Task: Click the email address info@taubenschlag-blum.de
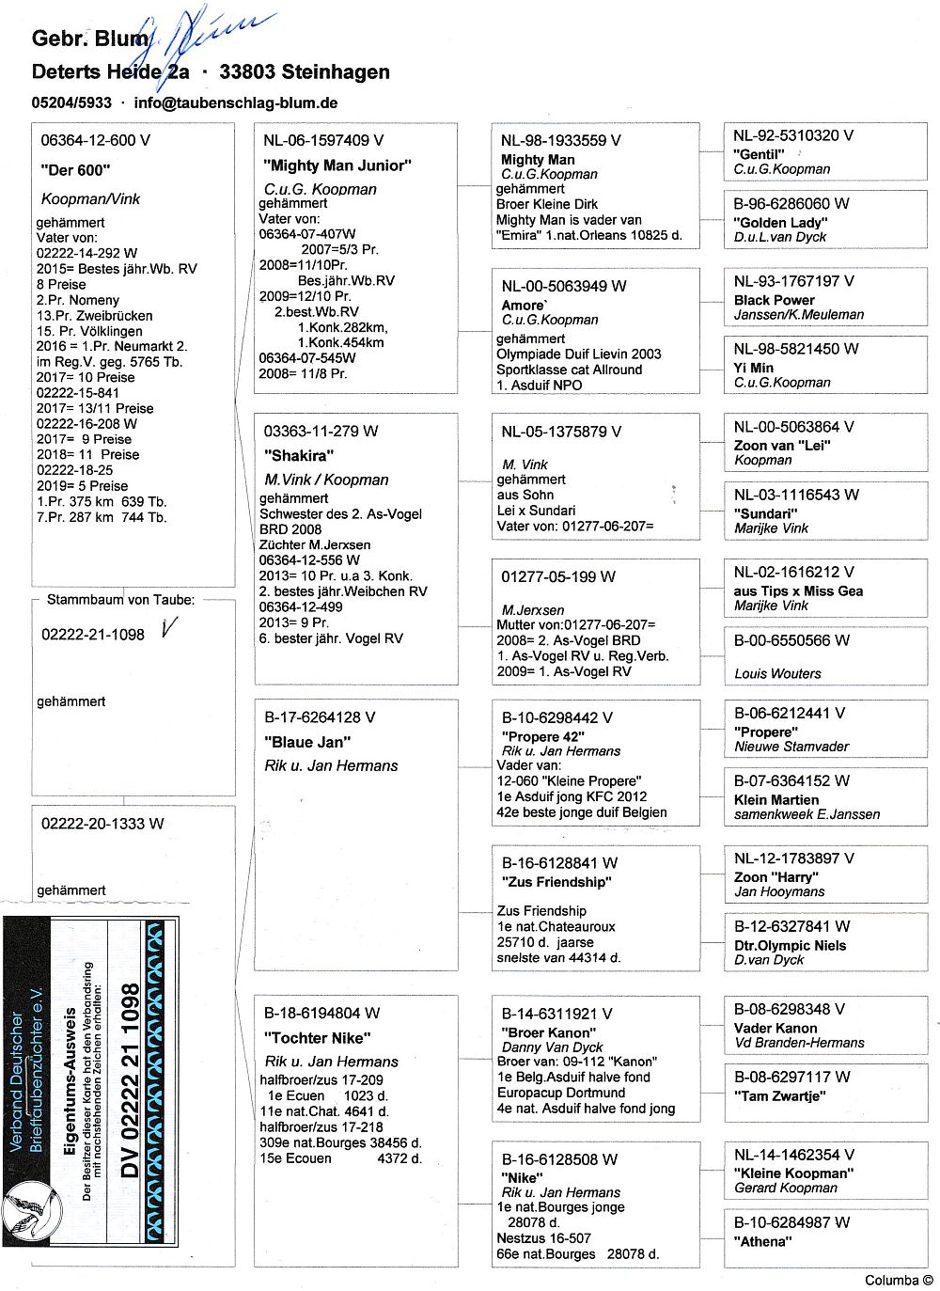236,103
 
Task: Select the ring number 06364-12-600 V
95,140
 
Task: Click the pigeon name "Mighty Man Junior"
337,165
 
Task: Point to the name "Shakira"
299,456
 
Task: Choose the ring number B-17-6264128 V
319,717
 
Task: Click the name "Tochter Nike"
318,1038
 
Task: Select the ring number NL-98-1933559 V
560,140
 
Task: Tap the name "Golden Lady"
780,223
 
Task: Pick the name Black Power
774,300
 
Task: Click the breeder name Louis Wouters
777,673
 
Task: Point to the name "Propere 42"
542,736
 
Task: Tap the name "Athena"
762,1241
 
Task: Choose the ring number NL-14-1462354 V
793,1155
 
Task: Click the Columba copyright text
899,1280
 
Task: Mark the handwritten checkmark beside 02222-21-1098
169,628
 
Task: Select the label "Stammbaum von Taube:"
121,600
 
